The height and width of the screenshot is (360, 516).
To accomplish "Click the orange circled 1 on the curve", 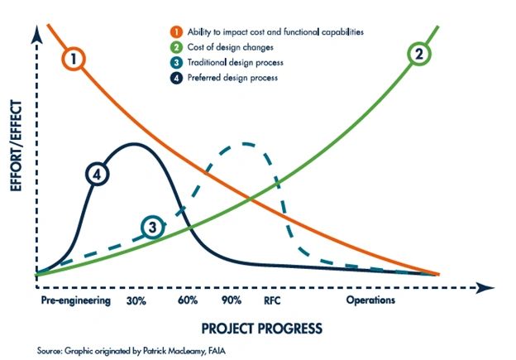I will pyautogui.click(x=74, y=59).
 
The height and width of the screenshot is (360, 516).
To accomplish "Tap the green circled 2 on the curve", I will pyautogui.click(x=419, y=55).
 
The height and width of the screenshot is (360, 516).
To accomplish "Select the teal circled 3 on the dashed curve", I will pyautogui.click(x=151, y=226).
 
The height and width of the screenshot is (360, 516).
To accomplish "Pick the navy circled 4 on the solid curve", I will pyautogui.click(x=98, y=175).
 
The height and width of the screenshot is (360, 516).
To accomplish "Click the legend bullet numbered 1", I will pyautogui.click(x=165, y=31).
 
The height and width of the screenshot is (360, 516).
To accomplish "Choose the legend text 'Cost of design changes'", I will pyautogui.click(x=217, y=48).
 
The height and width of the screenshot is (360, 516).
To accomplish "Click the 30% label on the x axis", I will pyautogui.click(x=137, y=300).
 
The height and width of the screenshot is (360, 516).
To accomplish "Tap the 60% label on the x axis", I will pyautogui.click(x=187, y=300).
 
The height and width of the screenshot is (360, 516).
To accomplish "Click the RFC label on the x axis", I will pyautogui.click(x=273, y=300).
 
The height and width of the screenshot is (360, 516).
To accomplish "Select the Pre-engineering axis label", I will pyautogui.click(x=74, y=300).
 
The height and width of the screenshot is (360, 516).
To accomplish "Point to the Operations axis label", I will pyautogui.click(x=370, y=300).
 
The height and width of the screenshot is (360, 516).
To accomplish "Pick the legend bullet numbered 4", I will pyautogui.click(x=165, y=79).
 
